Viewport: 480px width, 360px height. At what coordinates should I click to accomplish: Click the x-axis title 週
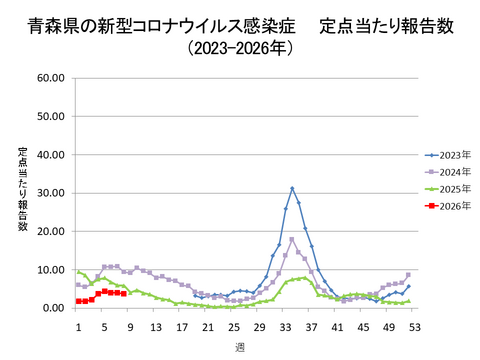pyautogui.click(x=240, y=346)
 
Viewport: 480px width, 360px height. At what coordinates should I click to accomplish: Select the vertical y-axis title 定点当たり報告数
pyautogui.click(x=22, y=191)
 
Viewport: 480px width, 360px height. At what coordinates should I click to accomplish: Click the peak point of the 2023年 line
pyautogui.click(x=292, y=188)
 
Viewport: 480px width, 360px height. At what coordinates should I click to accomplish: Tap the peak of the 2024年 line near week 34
pyautogui.click(x=292, y=239)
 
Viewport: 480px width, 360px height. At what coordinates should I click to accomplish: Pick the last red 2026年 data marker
pyautogui.click(x=123, y=294)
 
